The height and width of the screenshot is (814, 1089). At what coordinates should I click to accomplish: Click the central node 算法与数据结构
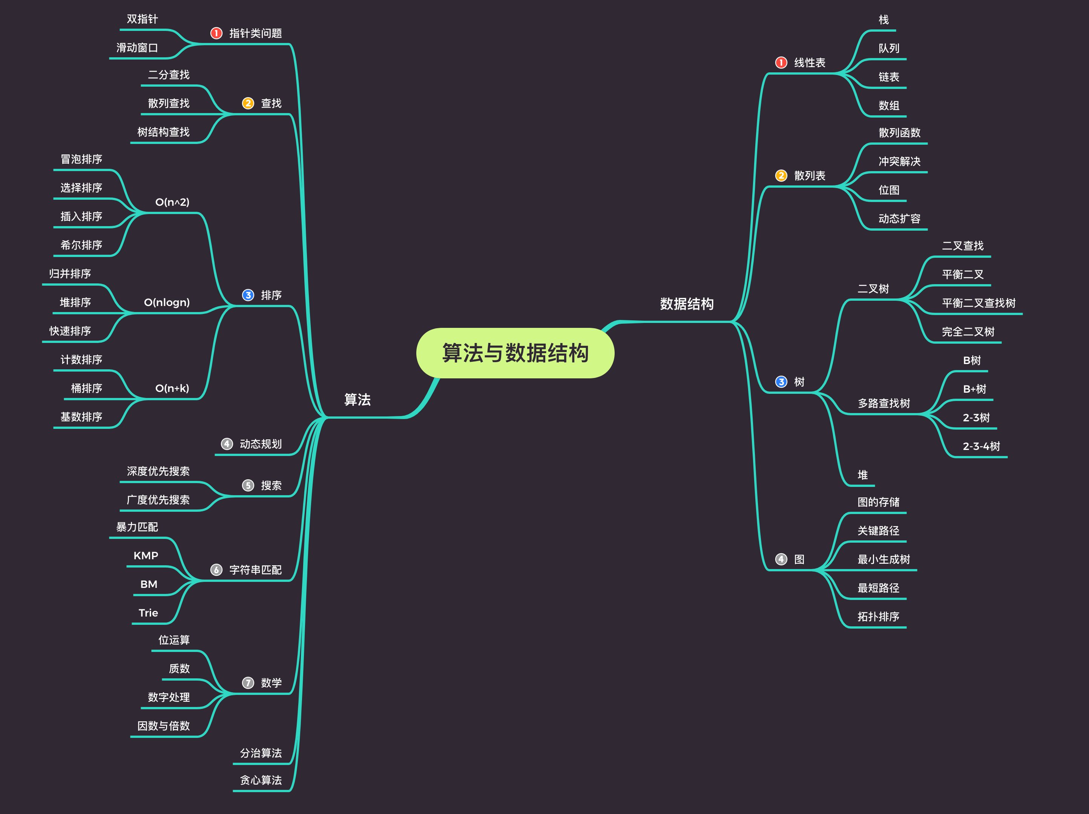(x=515, y=353)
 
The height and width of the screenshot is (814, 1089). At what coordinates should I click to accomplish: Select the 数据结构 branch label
(x=686, y=304)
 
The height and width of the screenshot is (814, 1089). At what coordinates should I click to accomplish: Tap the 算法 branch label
(x=357, y=399)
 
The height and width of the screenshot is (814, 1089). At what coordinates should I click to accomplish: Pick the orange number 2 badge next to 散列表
(x=781, y=176)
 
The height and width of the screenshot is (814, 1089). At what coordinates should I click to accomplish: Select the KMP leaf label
(x=146, y=555)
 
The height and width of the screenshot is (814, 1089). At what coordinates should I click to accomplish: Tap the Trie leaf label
(x=148, y=613)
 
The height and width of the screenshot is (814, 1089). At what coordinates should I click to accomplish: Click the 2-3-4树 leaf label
(x=981, y=446)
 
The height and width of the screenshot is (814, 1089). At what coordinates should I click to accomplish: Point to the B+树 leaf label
(x=974, y=389)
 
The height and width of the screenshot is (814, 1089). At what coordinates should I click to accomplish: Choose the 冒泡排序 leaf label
(x=81, y=159)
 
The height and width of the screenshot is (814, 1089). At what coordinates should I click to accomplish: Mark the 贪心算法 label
(x=261, y=780)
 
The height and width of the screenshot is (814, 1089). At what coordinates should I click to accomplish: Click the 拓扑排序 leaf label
(x=878, y=617)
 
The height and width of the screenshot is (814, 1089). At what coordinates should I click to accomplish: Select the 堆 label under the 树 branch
(x=862, y=475)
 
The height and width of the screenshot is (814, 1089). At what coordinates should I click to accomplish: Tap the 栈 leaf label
(x=884, y=20)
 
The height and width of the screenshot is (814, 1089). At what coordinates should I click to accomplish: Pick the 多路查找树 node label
(x=884, y=403)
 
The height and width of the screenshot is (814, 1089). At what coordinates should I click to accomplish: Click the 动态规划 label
(x=261, y=444)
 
